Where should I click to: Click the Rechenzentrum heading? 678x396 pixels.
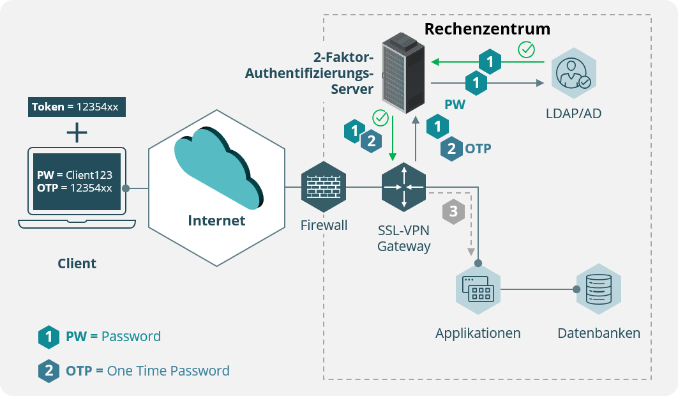tap(487, 29)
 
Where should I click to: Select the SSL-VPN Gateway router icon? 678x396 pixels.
tap(403, 187)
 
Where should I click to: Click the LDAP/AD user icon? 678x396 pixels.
tap(573, 74)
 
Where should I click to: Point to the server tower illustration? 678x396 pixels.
tap(403, 73)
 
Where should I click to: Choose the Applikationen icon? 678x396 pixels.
tap(478, 290)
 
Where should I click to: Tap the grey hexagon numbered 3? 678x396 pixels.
tap(453, 211)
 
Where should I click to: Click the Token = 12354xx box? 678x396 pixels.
tap(77, 107)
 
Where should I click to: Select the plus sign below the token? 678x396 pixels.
tap(77, 132)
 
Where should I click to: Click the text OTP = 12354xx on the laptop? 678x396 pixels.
tap(74, 188)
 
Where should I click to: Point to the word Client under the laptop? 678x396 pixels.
tap(77, 263)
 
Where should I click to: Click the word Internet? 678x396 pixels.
tap(216, 221)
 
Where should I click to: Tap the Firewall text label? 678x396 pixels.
tap(324, 225)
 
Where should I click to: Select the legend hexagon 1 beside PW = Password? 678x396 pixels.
tap(49, 337)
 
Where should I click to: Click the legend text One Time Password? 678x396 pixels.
tap(168, 371)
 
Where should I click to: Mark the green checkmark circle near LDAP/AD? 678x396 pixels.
tap(526, 49)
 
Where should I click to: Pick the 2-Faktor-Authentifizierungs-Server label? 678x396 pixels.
tap(309, 73)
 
